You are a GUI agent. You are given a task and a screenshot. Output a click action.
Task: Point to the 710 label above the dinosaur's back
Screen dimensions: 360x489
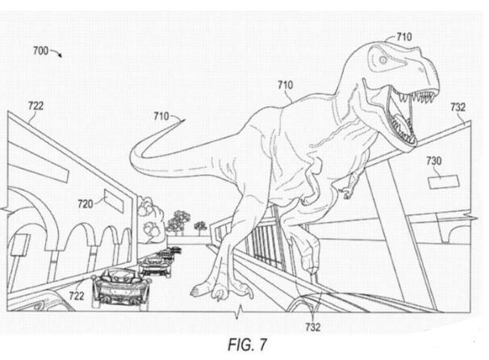tap(285, 84)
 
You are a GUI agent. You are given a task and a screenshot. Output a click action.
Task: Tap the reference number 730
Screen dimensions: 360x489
tap(433, 161)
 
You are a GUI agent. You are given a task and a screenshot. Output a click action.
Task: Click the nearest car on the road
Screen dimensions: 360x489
tap(119, 286)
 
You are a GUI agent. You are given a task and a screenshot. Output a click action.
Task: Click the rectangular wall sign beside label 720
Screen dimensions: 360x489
tap(113, 200)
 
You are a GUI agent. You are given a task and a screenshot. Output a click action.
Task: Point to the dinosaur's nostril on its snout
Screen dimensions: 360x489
tap(428, 69)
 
